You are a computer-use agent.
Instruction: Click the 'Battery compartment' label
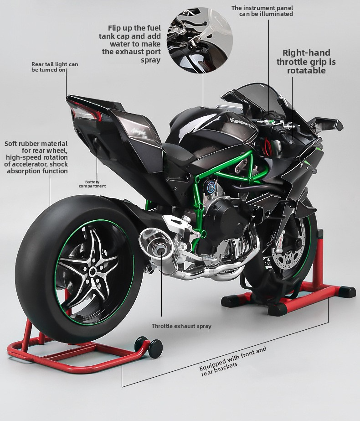pyautogui.click(x=92, y=184)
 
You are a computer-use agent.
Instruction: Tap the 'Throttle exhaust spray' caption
pyautogui.click(x=181, y=326)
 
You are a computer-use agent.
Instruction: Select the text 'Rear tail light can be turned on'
pyautogui.click(x=55, y=67)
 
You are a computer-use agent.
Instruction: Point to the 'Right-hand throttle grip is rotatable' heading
pyautogui.click(x=306, y=62)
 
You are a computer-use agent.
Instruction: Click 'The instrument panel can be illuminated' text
pyautogui.click(x=262, y=10)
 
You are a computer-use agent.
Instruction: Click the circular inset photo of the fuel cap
pyautogui.click(x=200, y=40)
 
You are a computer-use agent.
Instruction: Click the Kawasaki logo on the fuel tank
pyautogui.click(x=240, y=122)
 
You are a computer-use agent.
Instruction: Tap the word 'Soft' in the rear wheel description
pyautogui.click(x=13, y=144)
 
